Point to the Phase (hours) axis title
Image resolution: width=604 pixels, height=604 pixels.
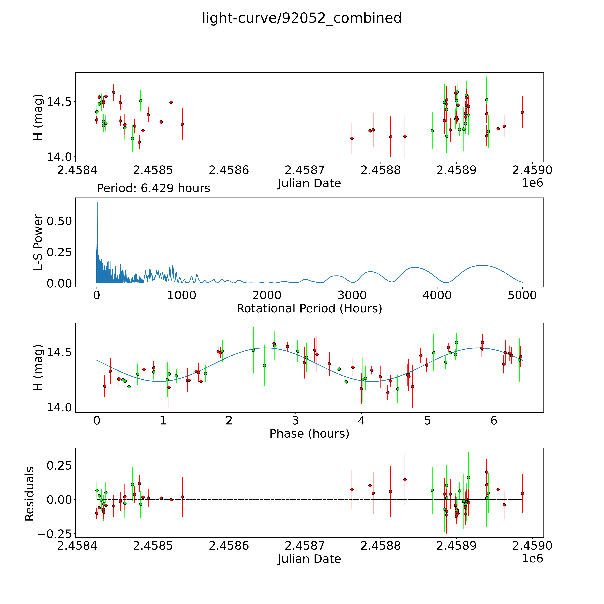point(309,434)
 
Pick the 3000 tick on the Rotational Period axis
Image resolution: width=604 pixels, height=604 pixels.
point(352,295)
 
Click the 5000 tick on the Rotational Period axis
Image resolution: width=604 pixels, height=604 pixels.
point(522,295)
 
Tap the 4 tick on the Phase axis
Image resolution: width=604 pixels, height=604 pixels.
point(361,420)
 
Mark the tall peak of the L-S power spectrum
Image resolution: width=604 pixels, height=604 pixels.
point(97,202)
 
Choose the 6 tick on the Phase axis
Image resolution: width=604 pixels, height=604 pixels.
point(494,420)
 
